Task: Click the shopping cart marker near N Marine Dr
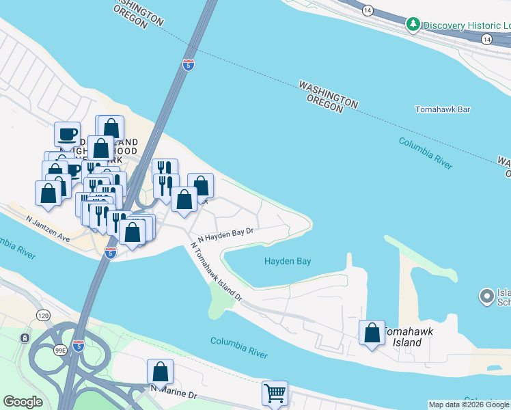tap(275, 393)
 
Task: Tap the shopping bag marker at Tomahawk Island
tap(372, 333)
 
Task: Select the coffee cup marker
tap(67, 134)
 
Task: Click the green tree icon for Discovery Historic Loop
tap(413, 25)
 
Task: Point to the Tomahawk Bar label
tap(443, 109)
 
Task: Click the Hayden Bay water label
tap(288, 261)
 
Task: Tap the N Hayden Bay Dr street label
tap(225, 235)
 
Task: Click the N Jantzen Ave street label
tap(49, 229)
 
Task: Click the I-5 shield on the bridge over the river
tap(189, 65)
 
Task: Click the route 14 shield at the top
tap(368, 10)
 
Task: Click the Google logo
tap(23, 402)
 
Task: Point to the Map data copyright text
tap(469, 405)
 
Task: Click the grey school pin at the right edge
tap(486, 297)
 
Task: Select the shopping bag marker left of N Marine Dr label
tap(160, 372)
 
